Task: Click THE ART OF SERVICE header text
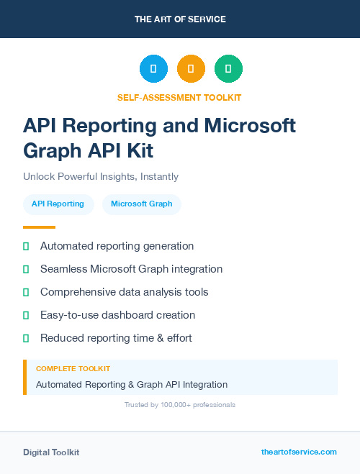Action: [180, 19]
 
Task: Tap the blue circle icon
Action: [153, 68]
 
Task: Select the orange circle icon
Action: [191, 68]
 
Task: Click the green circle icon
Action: [228, 68]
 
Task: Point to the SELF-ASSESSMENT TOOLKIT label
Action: [179, 97]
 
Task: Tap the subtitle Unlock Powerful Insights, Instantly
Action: [101, 176]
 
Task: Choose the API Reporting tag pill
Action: [58, 204]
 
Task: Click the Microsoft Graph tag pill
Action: [141, 204]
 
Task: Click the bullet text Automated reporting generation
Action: [117, 246]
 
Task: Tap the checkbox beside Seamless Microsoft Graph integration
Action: [26, 269]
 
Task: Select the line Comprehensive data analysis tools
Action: [124, 292]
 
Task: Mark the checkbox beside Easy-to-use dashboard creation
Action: [26, 315]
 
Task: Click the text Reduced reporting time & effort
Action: [116, 338]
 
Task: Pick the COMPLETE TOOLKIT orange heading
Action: [73, 368]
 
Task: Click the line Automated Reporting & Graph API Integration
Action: [132, 385]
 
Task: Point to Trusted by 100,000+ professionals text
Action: [180, 405]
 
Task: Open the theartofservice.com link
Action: [299, 452]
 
